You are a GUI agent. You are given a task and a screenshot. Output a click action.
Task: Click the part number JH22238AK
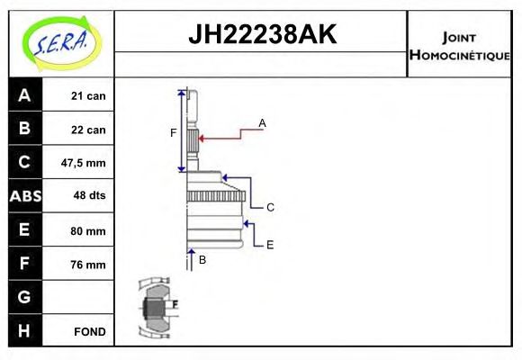tap(262, 35)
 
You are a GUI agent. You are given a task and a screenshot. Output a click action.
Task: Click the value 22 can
tap(88, 130)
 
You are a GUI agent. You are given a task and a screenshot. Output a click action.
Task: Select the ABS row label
tap(23, 196)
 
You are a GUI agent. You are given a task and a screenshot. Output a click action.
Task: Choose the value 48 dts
tap(87, 196)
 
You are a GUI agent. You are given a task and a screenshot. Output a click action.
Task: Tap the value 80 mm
tap(87, 230)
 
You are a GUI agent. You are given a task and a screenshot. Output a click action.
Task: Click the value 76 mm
tap(87, 265)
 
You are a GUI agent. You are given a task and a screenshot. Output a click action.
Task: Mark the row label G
tap(23, 297)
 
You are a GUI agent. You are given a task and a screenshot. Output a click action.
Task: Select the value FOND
tap(90, 331)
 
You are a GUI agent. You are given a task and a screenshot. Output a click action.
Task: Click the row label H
tap(23, 331)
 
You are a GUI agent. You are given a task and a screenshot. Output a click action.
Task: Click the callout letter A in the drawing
tap(262, 122)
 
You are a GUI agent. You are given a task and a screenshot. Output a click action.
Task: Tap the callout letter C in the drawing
tap(269, 207)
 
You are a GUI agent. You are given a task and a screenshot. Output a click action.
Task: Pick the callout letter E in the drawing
tap(269, 244)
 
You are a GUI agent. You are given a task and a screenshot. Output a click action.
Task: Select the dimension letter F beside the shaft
tap(174, 133)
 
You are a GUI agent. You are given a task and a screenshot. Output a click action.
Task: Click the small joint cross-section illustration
tap(157, 307)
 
